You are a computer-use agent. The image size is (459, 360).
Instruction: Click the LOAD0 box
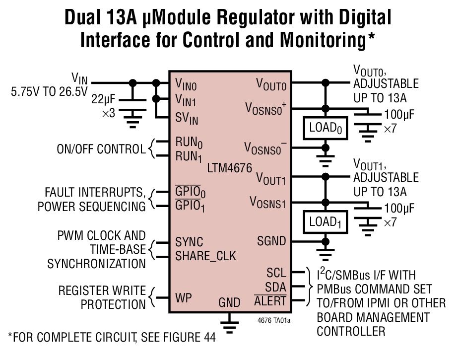pos(325,128)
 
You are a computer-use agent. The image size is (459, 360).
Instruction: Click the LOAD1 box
pos(325,222)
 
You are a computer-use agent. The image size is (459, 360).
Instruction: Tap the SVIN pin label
pos(187,119)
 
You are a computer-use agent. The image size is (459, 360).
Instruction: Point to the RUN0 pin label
pos(189,142)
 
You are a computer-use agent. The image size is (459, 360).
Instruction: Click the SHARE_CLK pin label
pos(205,256)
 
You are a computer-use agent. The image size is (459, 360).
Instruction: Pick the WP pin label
pos(183,298)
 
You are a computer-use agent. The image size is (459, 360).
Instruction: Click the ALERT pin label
pos(270,301)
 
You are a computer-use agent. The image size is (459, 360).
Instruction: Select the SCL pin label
pos(276,273)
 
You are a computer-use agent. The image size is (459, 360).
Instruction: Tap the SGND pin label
pos(271,241)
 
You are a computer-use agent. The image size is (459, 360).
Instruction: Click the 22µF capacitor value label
pos(103,99)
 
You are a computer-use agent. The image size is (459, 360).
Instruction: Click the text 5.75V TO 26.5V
pos(49,92)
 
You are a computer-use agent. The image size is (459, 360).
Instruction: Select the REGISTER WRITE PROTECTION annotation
pos(102,297)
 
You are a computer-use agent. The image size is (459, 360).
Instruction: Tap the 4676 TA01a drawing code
pos(274,320)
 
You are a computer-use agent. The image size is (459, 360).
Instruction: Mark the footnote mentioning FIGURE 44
pos(112,338)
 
